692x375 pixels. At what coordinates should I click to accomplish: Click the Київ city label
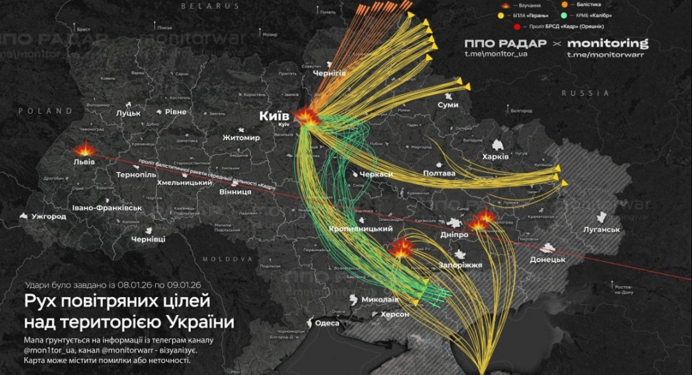point(274,116)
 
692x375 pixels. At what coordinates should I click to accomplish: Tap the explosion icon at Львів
point(84,150)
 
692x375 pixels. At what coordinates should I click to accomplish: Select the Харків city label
point(495,157)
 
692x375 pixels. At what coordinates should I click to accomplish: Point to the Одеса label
point(327,323)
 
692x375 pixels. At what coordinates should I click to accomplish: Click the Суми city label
point(448,104)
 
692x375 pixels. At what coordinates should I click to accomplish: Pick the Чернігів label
point(329,73)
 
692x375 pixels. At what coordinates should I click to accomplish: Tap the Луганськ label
point(601,229)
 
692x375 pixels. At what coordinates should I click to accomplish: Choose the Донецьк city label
point(547,259)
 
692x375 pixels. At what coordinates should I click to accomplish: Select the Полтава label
point(439,173)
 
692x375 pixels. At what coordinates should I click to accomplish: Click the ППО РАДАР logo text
point(505,43)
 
